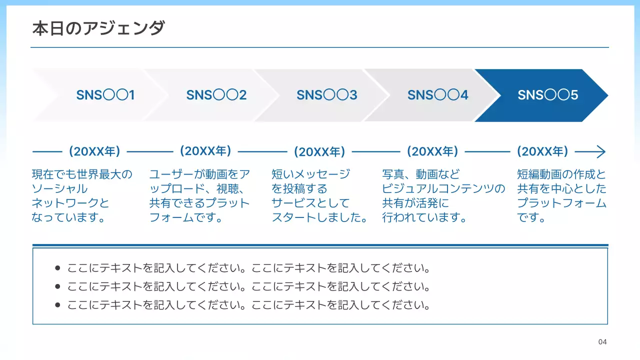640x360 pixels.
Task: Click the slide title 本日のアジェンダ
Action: coord(98,28)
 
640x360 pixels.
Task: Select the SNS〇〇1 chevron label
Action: coord(105,95)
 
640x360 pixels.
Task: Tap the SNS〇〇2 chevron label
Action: coord(216,95)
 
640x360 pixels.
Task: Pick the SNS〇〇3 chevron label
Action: coord(327,95)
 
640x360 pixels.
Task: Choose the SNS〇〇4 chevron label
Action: coord(438,95)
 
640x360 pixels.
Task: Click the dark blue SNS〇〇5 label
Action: coord(548,95)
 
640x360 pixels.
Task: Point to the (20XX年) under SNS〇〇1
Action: coord(94,151)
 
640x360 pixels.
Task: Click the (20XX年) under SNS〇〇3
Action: coord(319,151)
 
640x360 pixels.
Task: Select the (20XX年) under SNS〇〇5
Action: coord(542,151)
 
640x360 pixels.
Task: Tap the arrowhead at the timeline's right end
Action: coord(601,151)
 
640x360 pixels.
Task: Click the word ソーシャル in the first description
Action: coord(59,189)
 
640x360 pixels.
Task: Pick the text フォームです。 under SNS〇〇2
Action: coord(186,218)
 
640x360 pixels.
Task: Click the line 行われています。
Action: coord(424,218)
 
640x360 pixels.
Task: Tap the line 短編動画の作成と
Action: coord(561,174)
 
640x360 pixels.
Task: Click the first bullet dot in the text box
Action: coord(57,268)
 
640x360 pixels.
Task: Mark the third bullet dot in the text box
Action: coord(57,305)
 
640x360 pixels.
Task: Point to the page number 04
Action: coord(602,342)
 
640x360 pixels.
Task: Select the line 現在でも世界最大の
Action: coord(82,174)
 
